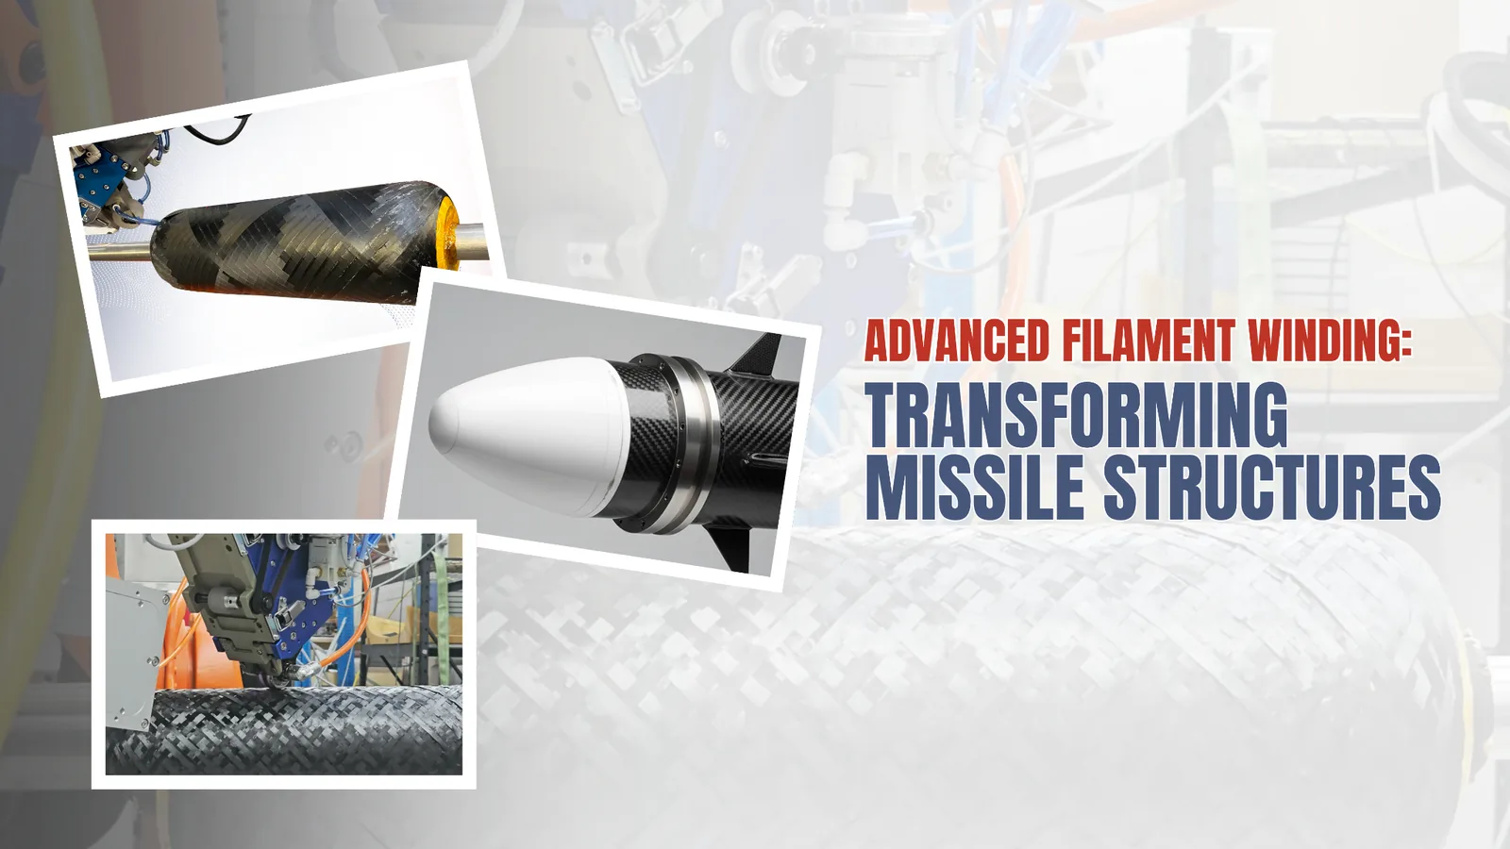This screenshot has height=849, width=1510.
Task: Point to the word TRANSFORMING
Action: tap(1076, 415)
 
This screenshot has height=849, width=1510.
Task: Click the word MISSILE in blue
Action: tap(975, 487)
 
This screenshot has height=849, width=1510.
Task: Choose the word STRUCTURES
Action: tap(1272, 487)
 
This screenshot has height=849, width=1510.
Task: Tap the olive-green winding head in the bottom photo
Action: tap(223, 600)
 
